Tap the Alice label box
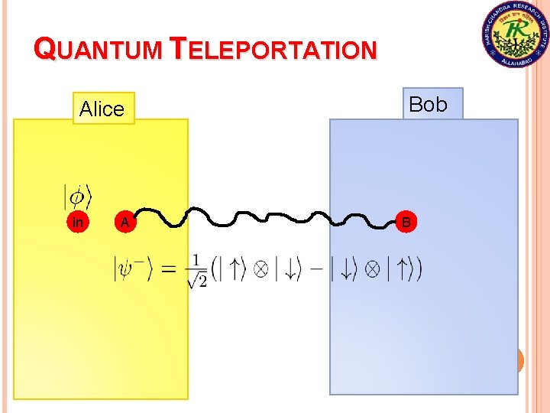102,109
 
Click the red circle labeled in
76,223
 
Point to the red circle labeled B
406,223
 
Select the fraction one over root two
197,270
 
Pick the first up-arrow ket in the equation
234,269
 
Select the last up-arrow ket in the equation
402,269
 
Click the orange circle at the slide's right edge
521,359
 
